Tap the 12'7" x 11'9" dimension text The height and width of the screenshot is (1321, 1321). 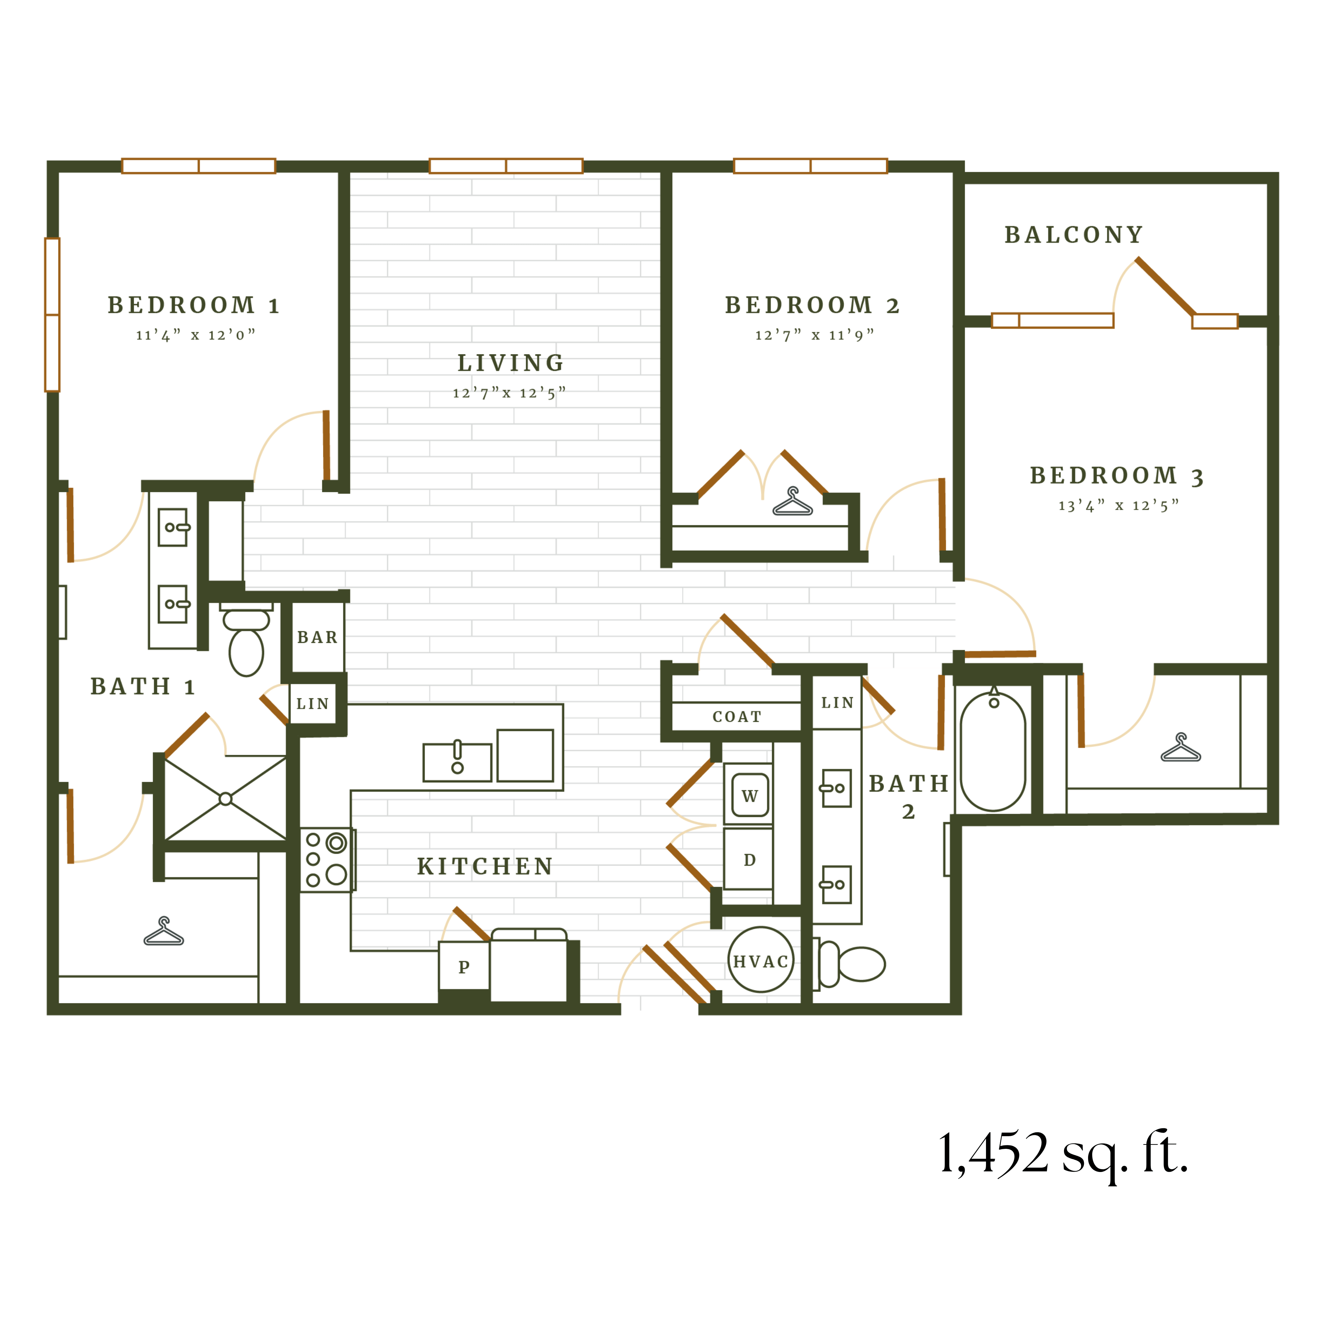pos(814,335)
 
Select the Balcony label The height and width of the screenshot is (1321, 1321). pos(1073,235)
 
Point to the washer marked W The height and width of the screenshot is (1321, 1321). pos(749,795)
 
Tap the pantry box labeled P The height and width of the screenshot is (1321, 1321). pos(464,966)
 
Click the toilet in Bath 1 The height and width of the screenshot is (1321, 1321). pos(246,643)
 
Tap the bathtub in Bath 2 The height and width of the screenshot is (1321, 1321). pos(993,751)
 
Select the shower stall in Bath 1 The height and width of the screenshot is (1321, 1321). pos(226,798)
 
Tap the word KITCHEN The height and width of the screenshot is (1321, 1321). pos(485,866)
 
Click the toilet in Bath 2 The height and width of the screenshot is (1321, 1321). pos(855,964)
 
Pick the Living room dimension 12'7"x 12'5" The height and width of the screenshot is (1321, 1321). pos(509,393)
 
